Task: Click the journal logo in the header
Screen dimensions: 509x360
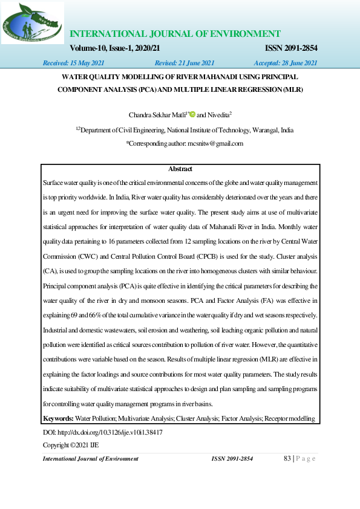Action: pyautogui.click(x=33, y=22)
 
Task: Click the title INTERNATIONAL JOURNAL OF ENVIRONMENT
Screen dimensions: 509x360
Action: pyautogui.click(x=175, y=34)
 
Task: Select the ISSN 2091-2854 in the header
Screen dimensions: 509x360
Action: pyautogui.click(x=292, y=48)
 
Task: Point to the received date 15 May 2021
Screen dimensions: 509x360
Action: pyautogui.click(x=73, y=63)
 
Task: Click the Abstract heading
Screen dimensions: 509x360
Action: pyautogui.click(x=180, y=169)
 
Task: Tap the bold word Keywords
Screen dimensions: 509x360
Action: pyautogui.click(x=59, y=418)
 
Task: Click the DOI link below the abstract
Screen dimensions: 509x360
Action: pyautogui.click(x=102, y=433)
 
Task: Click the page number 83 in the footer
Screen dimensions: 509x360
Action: pyautogui.click(x=287, y=459)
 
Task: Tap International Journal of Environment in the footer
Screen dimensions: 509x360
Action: pyautogui.click(x=90, y=459)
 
